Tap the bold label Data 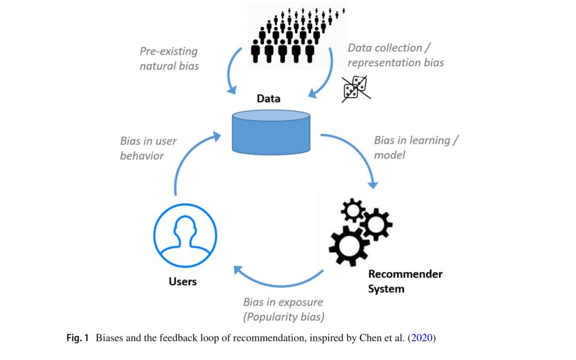click(268, 99)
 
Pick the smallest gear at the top click(353, 211)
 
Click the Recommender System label click(405, 281)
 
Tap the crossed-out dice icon click(356, 88)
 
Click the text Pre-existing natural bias click(169, 59)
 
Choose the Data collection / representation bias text click(395, 55)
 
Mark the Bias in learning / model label click(416, 147)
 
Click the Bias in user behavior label click(148, 148)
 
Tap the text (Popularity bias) click(284, 317)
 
